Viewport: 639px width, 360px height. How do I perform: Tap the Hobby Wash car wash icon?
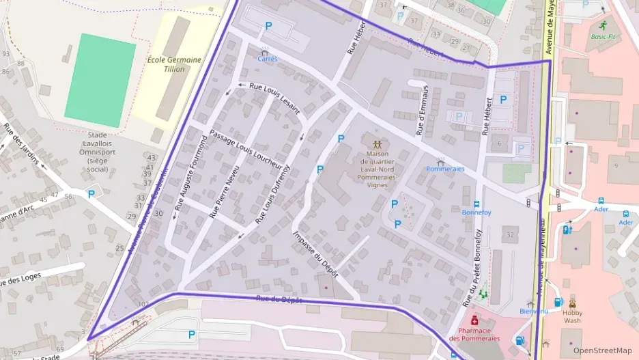tap(572, 303)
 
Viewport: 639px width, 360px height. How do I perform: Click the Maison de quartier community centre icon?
tap(377, 144)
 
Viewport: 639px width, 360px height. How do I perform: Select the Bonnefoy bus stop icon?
tap(477, 203)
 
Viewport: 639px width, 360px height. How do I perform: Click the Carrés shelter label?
tap(267, 59)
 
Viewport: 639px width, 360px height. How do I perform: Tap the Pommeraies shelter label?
tap(445, 168)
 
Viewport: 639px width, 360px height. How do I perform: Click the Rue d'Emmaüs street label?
tap(421, 109)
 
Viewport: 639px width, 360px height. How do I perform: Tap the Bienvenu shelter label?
tap(534, 311)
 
